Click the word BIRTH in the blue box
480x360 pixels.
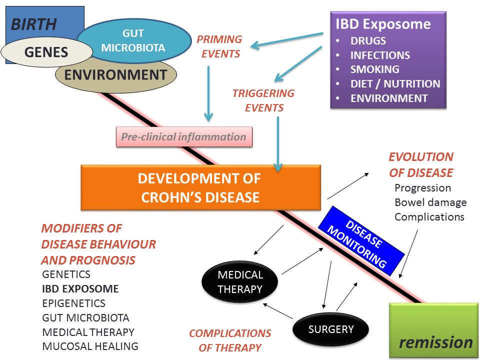(x=33, y=24)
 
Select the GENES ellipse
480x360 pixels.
(x=46, y=52)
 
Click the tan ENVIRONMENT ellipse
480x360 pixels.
(x=116, y=75)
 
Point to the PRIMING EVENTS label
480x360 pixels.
(x=219, y=46)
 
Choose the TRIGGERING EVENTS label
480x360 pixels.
(x=263, y=100)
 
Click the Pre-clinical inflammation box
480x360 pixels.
(x=184, y=137)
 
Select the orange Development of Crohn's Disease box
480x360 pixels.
(x=201, y=187)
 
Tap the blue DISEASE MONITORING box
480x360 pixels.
(x=361, y=241)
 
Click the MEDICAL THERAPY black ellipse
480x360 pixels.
(x=240, y=282)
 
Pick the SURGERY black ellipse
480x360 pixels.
(x=331, y=329)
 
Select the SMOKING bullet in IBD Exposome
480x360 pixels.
(x=374, y=69)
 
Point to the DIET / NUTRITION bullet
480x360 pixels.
(x=395, y=83)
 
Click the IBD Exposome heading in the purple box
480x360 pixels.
(x=383, y=24)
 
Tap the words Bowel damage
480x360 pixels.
(x=430, y=202)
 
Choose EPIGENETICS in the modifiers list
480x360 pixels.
(x=74, y=303)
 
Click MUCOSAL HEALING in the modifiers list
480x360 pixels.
(x=90, y=346)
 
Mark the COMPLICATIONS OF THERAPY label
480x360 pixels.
(x=230, y=340)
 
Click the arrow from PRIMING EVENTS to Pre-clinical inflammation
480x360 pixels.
(x=208, y=93)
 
